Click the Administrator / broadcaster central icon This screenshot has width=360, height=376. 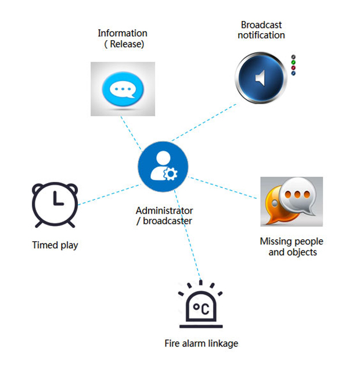pyautogui.click(x=163, y=166)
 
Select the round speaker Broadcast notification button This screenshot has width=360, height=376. pyautogui.click(x=261, y=77)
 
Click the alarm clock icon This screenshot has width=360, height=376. pyautogui.click(x=55, y=205)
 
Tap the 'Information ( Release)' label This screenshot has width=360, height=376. pyautogui.click(x=122, y=38)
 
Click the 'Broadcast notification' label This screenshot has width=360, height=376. pyautogui.click(x=261, y=30)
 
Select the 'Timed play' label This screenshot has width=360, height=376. pyautogui.click(x=55, y=245)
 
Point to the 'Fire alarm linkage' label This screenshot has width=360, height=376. pyautogui.click(x=201, y=343)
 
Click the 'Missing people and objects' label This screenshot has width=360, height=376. pyautogui.click(x=291, y=246)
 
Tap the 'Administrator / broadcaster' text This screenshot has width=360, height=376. pyautogui.click(x=164, y=216)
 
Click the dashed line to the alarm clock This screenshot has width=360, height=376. pyautogui.click(x=107, y=195)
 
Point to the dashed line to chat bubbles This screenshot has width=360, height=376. pyautogui.click(x=224, y=187)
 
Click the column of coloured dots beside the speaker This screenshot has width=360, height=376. pyautogui.click(x=293, y=65)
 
